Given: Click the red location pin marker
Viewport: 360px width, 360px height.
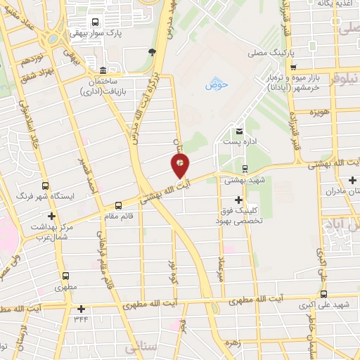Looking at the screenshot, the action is pyautogui.click(x=181, y=166).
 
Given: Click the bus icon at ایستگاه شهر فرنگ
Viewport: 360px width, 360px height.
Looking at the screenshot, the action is pyautogui.click(x=46, y=186).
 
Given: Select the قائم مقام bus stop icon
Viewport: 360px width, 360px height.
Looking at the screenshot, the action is pyautogui.click(x=118, y=205).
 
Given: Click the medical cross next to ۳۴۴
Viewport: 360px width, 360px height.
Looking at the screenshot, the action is pyautogui.click(x=82, y=308).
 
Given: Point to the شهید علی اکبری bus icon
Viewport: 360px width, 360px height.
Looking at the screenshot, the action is pyautogui.click(x=323, y=295).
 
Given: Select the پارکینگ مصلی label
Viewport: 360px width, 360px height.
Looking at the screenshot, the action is pyautogui.click(x=267, y=52).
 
